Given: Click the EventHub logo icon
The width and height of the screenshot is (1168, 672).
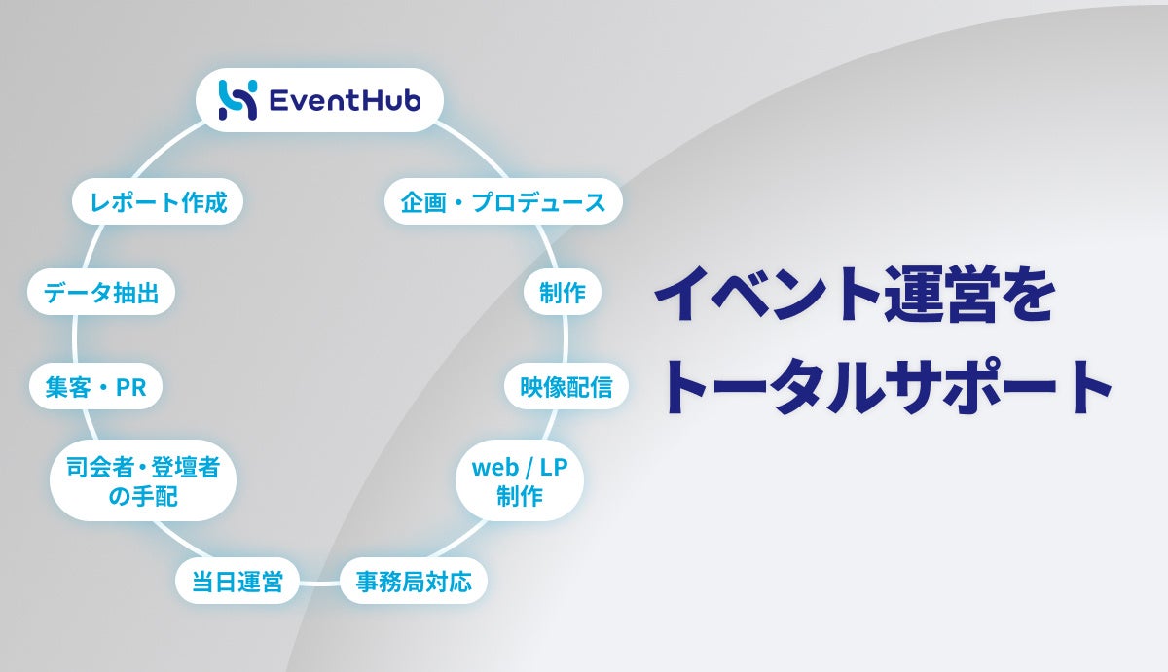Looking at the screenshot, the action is tap(237, 100).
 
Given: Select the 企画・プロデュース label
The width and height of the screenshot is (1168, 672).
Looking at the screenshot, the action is tap(503, 202).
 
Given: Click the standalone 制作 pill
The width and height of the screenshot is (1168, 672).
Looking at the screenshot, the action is tap(563, 292).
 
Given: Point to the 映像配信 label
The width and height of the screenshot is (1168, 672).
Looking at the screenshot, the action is tap(566, 387).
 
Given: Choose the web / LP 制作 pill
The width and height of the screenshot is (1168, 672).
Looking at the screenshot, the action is tap(520, 481).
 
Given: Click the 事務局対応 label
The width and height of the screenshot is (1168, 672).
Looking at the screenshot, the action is tap(414, 583).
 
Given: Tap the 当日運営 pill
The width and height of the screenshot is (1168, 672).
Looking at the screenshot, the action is tap(237, 583).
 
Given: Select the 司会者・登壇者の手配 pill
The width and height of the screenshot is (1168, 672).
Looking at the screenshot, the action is tap(143, 481).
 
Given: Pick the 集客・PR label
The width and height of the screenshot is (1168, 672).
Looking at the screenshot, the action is tap(94, 387).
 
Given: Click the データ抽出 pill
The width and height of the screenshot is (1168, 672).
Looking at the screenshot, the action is tap(101, 292).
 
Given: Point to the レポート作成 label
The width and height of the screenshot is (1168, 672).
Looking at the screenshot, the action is tap(158, 202).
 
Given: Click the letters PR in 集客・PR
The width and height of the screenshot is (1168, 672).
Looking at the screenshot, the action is tap(130, 387).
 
